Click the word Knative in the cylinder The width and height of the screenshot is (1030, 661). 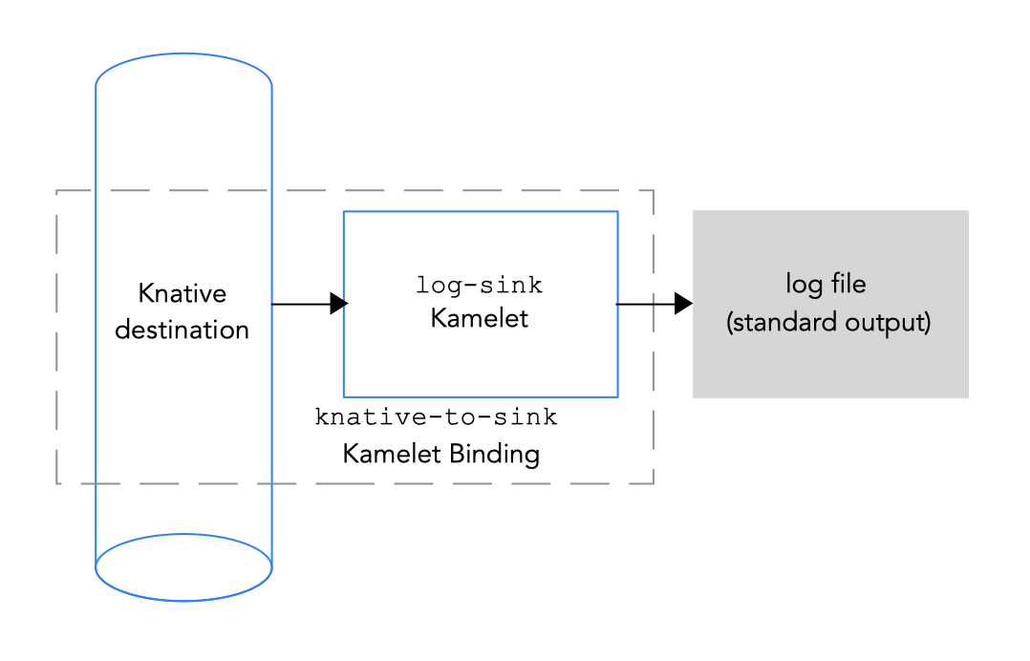[x=182, y=292]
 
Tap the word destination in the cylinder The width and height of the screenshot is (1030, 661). [x=182, y=330]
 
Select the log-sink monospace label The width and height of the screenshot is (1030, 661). [x=480, y=285]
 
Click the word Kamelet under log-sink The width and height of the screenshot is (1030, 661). [x=480, y=318]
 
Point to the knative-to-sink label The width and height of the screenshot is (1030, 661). [x=437, y=417]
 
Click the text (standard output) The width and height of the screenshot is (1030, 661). [x=828, y=322]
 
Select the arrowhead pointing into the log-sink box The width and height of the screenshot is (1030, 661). [x=338, y=304]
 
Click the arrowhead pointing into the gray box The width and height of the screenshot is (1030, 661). [x=683, y=304]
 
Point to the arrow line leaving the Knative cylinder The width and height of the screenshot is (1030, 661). [x=301, y=304]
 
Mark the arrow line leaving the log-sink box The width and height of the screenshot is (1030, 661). [x=645, y=304]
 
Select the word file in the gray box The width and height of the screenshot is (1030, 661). [x=848, y=284]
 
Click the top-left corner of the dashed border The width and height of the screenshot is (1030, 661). [x=58, y=192]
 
